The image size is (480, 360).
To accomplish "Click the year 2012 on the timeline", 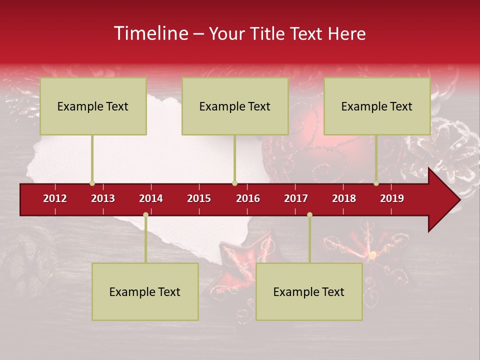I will point(55,198).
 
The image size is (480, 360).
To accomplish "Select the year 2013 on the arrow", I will point(103,198).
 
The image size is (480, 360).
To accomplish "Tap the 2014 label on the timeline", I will point(151,198).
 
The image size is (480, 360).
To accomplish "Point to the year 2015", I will point(199,198).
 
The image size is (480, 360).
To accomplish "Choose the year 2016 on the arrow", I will point(248,198).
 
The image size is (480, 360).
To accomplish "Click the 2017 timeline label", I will point(296,198).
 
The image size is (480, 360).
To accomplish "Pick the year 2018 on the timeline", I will point(344,198).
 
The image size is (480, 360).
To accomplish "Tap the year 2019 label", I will point(392,198).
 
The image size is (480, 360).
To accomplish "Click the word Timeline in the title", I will point(150,33).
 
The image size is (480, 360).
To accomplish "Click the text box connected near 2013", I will point(93,106).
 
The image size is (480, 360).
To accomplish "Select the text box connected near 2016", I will point(235,106).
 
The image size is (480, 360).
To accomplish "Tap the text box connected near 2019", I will point(377,106).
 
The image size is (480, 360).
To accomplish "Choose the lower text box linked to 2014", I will point(145,291).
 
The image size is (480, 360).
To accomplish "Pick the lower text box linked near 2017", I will point(309,291).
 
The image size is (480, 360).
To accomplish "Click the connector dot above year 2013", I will point(92,183).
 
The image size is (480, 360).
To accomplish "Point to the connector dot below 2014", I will point(145,214).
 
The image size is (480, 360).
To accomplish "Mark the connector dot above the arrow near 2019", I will point(376,183).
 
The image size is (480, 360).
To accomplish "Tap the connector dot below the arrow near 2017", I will point(309,214).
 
